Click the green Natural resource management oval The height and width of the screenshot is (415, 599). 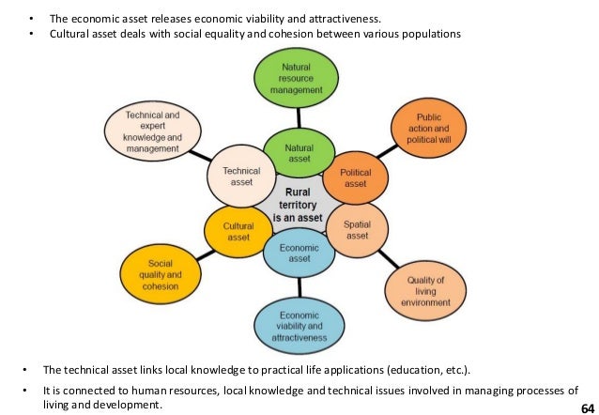click(296, 78)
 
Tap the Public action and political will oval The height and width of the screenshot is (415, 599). click(428, 129)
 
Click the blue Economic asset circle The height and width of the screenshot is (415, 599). click(298, 252)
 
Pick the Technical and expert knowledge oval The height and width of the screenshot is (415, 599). click(151, 131)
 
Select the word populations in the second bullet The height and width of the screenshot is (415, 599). click(431, 35)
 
